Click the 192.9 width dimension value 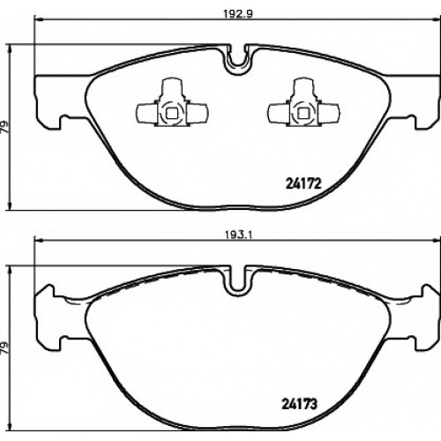pyautogui.click(x=238, y=14)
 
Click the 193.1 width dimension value pyautogui.click(x=238, y=235)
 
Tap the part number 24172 pyautogui.click(x=303, y=184)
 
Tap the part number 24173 pyautogui.click(x=300, y=404)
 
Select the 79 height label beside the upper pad pyautogui.click(x=6, y=127)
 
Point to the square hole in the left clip pyautogui.click(x=171, y=114)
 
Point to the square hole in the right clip pyautogui.click(x=303, y=114)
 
